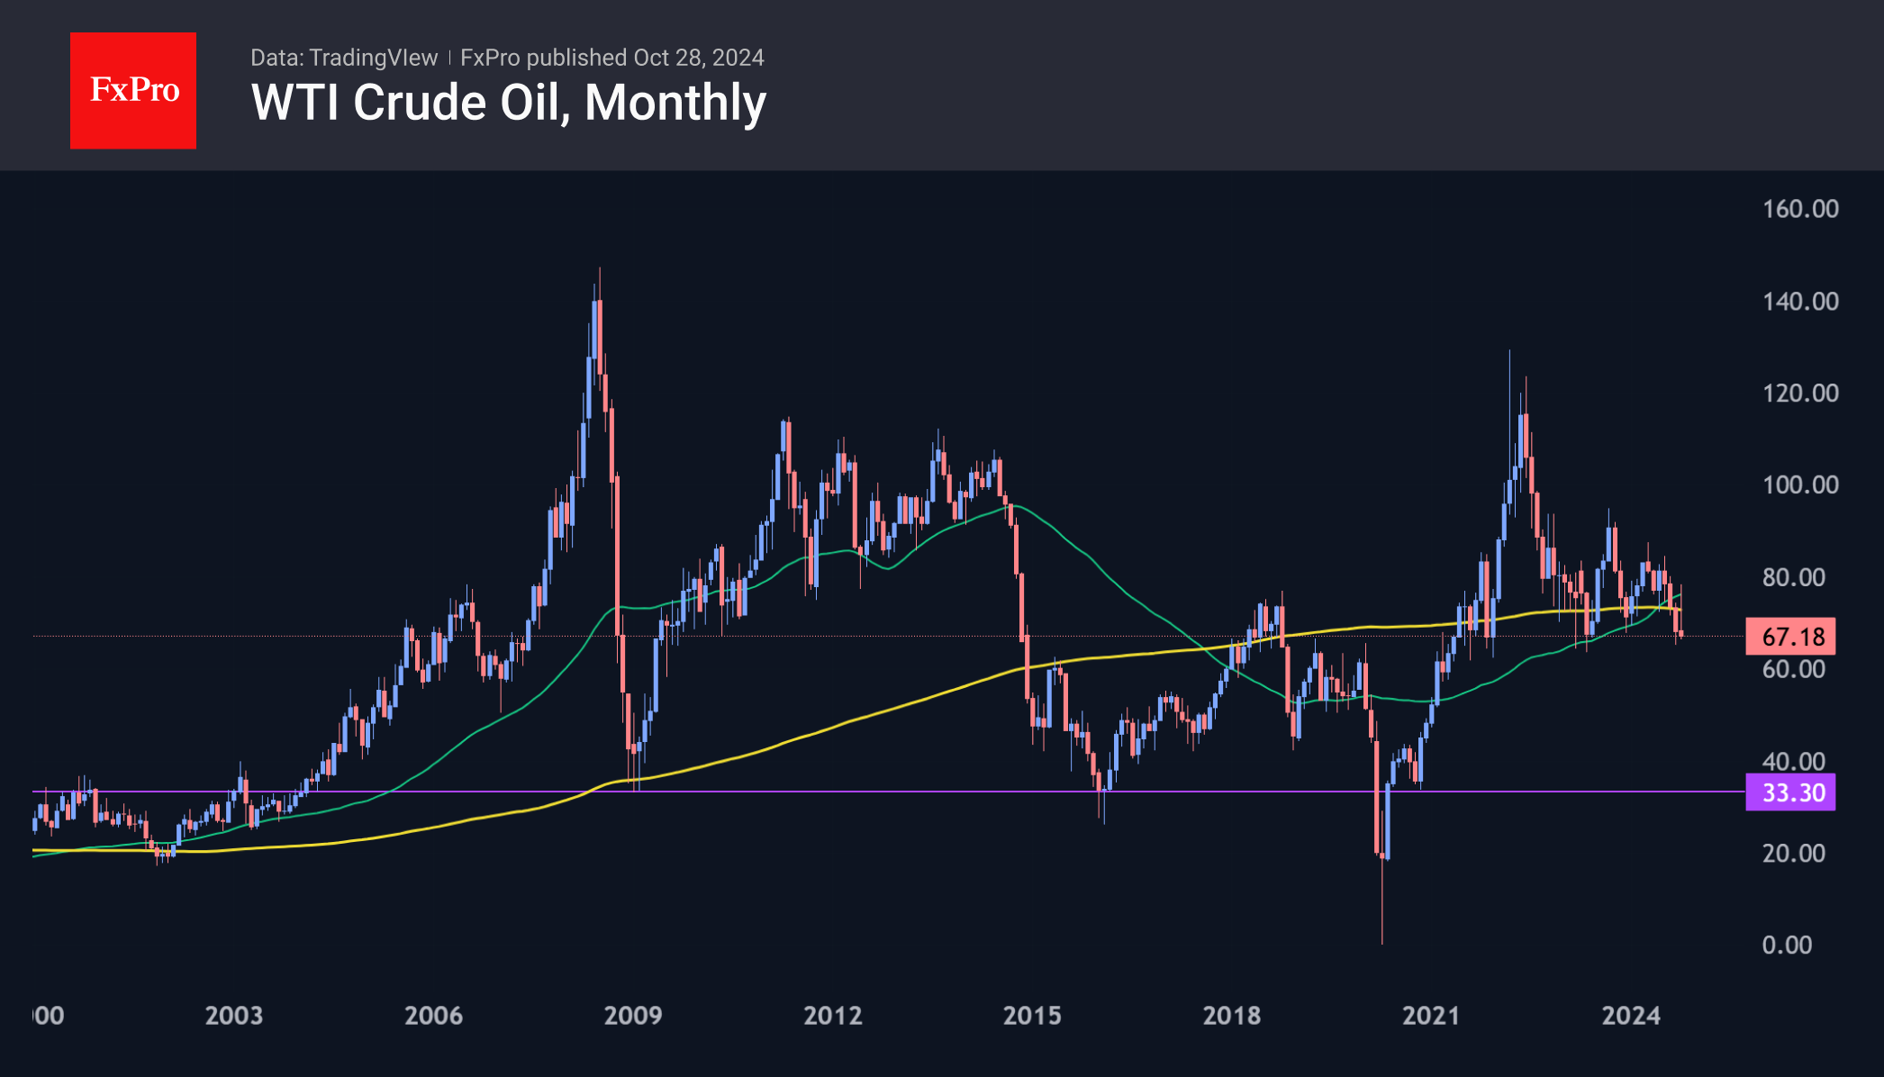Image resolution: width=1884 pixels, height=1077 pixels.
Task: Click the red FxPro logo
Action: [x=133, y=90]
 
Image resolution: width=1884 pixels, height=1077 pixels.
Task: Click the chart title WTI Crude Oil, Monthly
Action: [x=509, y=103]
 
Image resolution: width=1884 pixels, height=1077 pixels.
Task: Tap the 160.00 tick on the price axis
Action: [x=1800, y=209]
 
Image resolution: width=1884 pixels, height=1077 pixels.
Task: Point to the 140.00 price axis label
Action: [x=1800, y=301]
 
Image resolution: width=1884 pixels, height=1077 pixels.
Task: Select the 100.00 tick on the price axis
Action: [x=1800, y=484]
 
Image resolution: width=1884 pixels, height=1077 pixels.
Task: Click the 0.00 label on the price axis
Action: [x=1787, y=945]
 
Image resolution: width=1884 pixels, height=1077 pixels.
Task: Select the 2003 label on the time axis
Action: [x=234, y=1016]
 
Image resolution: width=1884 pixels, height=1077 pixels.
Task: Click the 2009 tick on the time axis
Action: [x=633, y=1016]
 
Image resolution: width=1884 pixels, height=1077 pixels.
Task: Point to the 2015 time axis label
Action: [x=1032, y=1016]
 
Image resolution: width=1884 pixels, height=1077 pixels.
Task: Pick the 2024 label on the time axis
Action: [x=1631, y=1016]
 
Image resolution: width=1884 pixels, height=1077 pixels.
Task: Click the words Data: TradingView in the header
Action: [x=344, y=58]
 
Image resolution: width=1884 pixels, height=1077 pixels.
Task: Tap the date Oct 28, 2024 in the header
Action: [x=699, y=58]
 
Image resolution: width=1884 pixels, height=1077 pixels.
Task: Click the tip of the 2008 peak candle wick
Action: [x=600, y=268]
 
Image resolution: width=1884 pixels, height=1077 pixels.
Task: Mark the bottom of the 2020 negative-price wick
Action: [x=1381, y=944]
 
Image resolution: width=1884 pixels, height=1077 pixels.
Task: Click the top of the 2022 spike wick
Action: [x=1509, y=350]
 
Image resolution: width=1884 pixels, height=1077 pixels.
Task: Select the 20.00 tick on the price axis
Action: [x=1793, y=853]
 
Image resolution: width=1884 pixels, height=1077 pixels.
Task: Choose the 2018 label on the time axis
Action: [x=1232, y=1016]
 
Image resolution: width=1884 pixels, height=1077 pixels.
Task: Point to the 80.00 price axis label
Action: [x=1793, y=577]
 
